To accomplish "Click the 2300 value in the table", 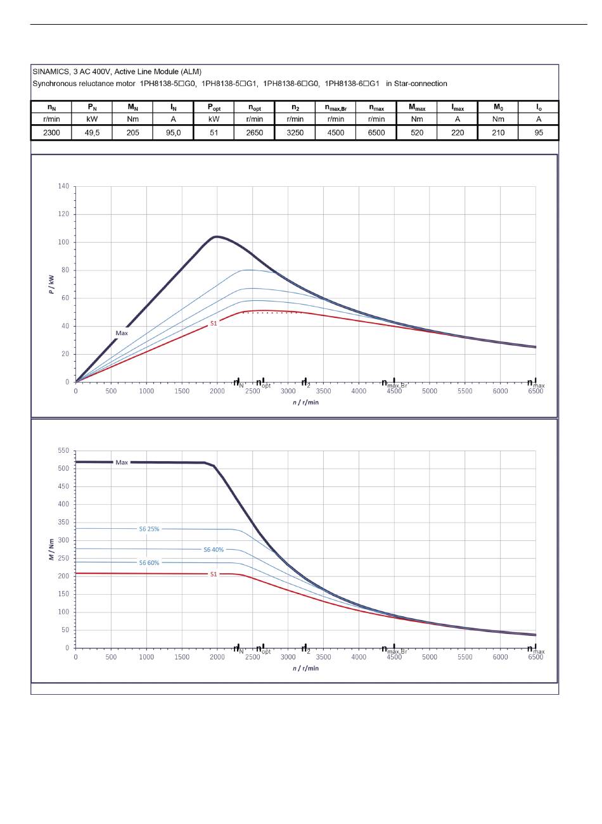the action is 51,133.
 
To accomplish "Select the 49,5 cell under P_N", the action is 92,133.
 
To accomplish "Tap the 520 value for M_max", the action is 417,133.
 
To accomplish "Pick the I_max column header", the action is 458,108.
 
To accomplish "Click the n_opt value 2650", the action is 254,133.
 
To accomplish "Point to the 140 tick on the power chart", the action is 63,186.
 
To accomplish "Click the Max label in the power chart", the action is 122,333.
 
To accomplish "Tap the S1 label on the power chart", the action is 214,324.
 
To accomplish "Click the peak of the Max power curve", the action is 217,236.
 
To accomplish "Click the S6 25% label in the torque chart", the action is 149,529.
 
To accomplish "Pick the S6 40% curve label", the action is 214,550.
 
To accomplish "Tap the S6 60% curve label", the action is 149,563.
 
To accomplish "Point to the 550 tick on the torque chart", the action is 63,450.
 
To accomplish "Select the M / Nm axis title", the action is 51,550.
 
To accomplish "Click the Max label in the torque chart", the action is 122,462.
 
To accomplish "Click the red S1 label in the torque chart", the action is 214,574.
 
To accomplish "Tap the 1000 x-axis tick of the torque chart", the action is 146,657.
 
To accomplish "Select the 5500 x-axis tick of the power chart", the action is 464,391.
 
